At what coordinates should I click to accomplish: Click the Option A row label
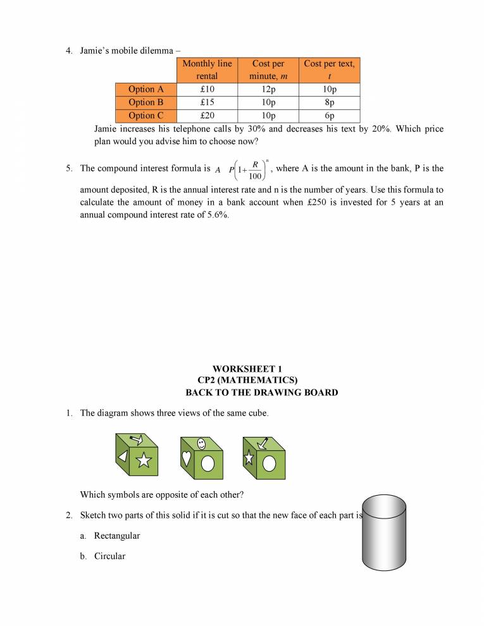coord(146,89)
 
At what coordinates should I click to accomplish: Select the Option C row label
coord(146,116)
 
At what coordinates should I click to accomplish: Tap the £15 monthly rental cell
coord(207,102)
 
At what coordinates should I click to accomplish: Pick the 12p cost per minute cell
coord(268,89)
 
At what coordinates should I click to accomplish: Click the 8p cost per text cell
coord(329,102)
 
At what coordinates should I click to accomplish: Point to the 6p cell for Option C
coord(329,116)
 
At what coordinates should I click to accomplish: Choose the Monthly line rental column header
coord(207,70)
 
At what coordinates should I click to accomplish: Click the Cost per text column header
coord(329,70)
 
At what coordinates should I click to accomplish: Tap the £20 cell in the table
coord(207,116)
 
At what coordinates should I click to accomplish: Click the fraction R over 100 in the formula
coord(255,170)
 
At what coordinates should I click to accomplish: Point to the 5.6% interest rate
coord(216,215)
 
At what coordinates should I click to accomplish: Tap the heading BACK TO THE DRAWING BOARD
coord(261,393)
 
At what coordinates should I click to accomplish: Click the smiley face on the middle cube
coord(202,443)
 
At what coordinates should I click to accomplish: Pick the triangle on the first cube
coord(123,457)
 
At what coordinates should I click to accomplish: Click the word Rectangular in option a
coord(117,536)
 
